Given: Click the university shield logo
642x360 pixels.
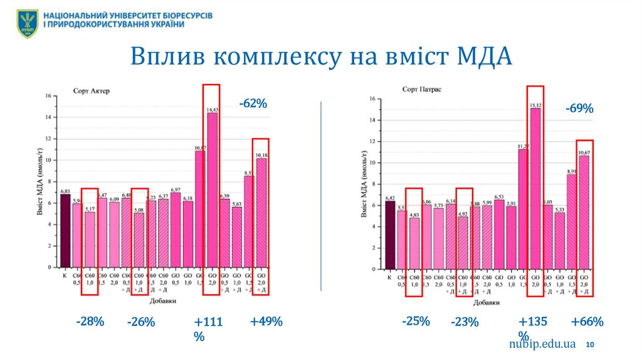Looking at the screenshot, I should click(27, 23).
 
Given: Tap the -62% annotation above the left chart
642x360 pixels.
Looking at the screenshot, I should click(253, 104).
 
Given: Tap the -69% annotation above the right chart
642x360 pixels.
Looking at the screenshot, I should click(579, 109).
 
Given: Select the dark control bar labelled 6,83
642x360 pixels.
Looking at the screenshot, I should click(65, 230).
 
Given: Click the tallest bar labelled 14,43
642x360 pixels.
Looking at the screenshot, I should click(213, 189).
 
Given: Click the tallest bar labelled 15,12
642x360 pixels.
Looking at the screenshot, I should click(535, 188).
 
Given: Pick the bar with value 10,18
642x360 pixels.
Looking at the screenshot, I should click(261, 212).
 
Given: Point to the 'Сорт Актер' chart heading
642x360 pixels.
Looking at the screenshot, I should click(90, 91).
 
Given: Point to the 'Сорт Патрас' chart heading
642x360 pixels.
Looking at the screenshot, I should click(422, 90).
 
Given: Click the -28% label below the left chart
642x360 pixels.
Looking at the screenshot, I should click(90, 322).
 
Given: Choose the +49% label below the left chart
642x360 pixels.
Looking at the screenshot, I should click(266, 322).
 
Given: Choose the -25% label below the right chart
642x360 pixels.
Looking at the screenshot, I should click(416, 321).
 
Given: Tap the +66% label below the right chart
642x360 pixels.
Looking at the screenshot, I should click(587, 322).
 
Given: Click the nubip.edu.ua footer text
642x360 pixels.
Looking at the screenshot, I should click(542, 344).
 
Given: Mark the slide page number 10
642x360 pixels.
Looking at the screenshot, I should click(591, 346).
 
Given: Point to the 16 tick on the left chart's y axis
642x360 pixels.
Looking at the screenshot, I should click(48, 96).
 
